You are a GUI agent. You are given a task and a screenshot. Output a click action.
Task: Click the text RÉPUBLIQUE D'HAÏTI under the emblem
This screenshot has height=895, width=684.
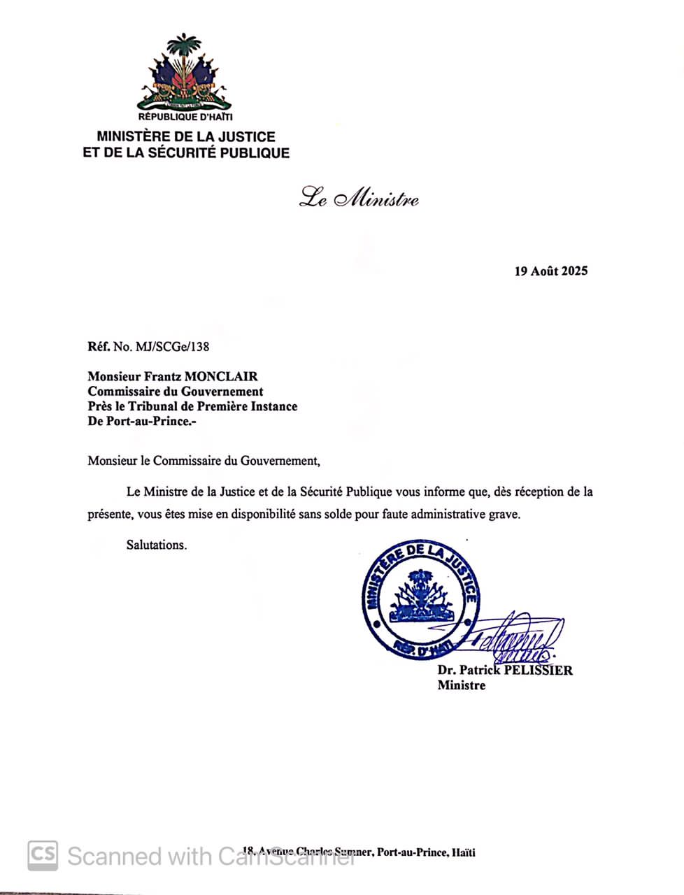click(x=185, y=117)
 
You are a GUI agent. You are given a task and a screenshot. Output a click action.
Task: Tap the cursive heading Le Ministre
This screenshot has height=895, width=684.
click(x=359, y=199)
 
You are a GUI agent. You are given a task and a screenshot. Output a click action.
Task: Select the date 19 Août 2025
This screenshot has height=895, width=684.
click(x=551, y=271)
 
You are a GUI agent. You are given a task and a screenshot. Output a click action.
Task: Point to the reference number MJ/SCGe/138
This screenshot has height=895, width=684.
click(x=171, y=346)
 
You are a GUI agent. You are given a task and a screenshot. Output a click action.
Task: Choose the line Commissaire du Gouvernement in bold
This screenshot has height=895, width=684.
click(x=176, y=392)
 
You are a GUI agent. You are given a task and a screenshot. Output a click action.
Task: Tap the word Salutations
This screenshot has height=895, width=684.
click(x=157, y=545)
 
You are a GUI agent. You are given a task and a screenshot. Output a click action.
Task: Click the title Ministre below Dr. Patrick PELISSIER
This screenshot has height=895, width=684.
click(x=461, y=685)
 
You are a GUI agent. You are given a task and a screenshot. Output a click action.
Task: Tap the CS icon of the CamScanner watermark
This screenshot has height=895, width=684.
click(x=43, y=854)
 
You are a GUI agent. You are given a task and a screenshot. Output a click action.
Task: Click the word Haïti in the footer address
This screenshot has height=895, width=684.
click(x=463, y=852)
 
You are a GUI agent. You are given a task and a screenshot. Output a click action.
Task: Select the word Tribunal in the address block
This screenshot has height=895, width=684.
click(x=156, y=406)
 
